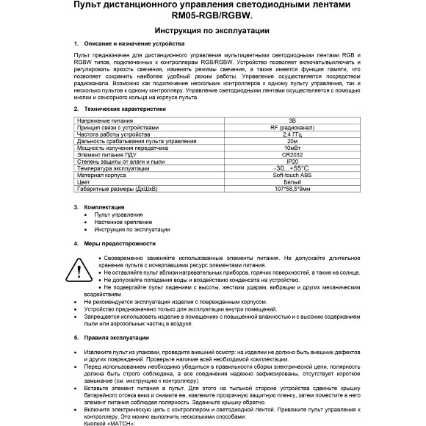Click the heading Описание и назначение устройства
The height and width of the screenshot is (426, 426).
coord(129,45)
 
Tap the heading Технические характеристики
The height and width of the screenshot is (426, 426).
coord(125,109)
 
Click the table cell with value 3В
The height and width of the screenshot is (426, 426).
coord(292,120)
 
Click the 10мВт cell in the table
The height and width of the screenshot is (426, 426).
coord(292,148)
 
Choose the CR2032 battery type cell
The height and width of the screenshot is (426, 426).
coord(292,154)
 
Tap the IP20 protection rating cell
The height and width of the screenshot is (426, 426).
coord(292,161)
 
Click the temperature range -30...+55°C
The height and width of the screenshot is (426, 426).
coord(292,168)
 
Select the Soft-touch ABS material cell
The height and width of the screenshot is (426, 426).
coord(292,175)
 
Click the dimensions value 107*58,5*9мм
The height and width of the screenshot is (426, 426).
coord(292,189)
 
